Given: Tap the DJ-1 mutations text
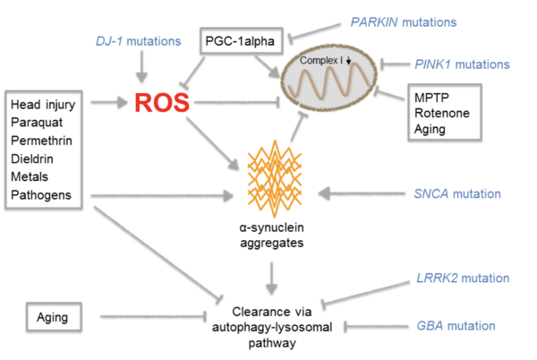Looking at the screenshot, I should click(x=139, y=41).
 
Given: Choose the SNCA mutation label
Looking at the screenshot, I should click(x=457, y=193).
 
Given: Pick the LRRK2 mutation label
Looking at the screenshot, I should click(x=464, y=279).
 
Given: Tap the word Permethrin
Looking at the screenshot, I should click(x=41, y=141).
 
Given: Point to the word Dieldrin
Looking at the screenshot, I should click(x=33, y=159).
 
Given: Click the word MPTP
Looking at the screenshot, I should click(x=430, y=95).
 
